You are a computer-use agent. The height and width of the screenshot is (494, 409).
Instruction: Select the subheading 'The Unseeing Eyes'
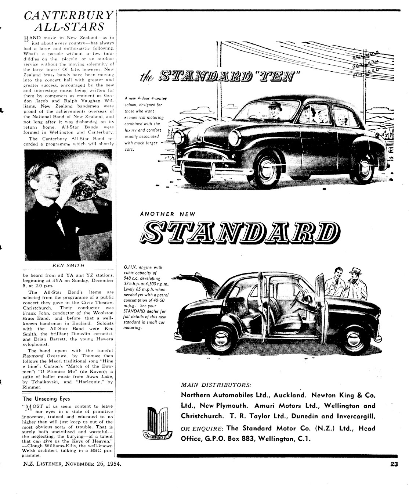pos(46,398)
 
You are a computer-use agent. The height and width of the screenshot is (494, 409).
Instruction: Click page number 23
pos(394,464)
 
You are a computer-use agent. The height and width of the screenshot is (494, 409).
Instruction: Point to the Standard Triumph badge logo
pos(157,423)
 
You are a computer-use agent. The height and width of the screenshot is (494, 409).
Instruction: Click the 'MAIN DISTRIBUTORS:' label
pos(216,385)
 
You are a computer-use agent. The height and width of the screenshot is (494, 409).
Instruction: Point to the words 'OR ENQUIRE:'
pos(202,429)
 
